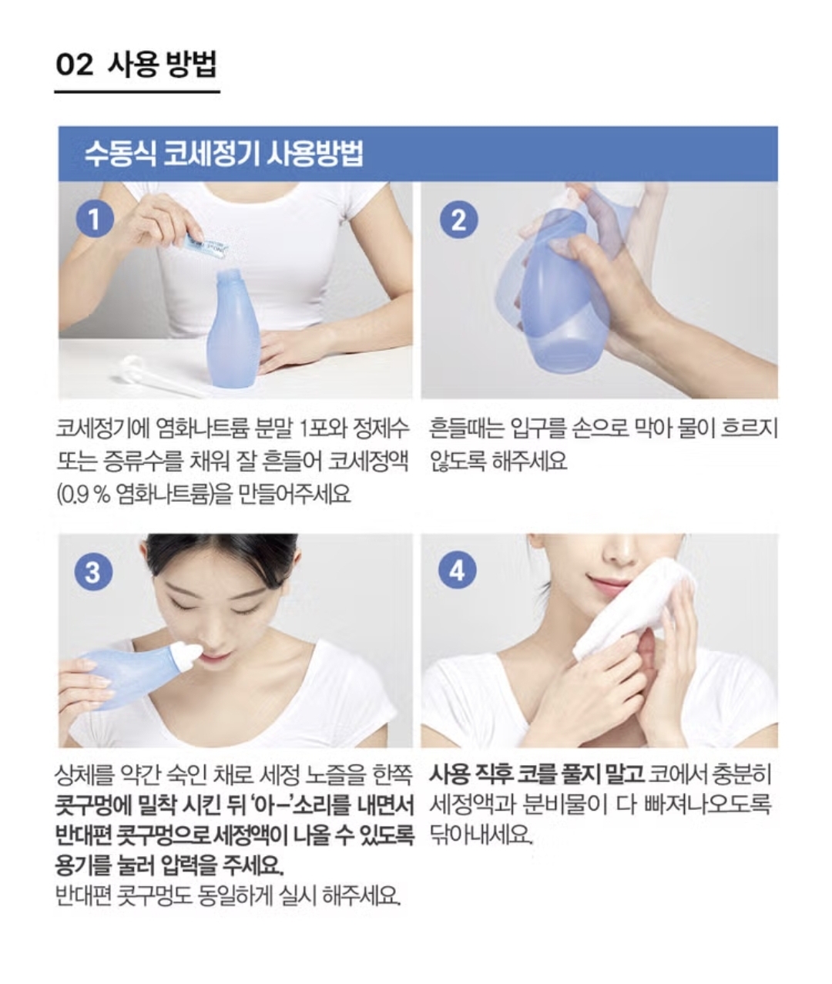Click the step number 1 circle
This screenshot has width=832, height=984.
(x=95, y=220)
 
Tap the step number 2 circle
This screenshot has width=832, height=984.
(x=458, y=220)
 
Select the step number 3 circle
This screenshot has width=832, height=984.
(x=93, y=571)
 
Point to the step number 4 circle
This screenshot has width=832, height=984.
(x=457, y=570)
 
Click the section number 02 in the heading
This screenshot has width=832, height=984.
(x=74, y=65)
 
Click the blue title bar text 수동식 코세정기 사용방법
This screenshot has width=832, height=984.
(x=223, y=154)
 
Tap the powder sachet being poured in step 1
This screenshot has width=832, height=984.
(x=205, y=246)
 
